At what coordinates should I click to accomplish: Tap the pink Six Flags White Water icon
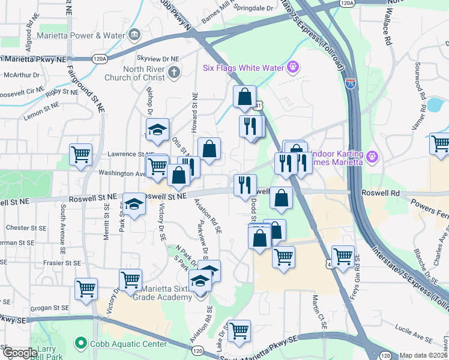(x=293, y=67)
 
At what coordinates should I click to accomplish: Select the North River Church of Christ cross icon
(x=173, y=73)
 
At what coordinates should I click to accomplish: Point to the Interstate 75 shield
(x=351, y=83)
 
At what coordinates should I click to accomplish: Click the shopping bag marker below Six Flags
(x=245, y=96)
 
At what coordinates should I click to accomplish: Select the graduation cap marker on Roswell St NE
(x=134, y=204)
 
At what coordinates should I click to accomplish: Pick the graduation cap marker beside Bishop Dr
(x=157, y=129)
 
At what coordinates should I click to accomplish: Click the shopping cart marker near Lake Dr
(x=239, y=329)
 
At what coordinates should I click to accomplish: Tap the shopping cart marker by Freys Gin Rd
(x=343, y=256)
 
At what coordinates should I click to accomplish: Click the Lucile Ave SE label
(x=411, y=329)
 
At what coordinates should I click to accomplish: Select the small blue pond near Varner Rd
(x=435, y=106)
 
